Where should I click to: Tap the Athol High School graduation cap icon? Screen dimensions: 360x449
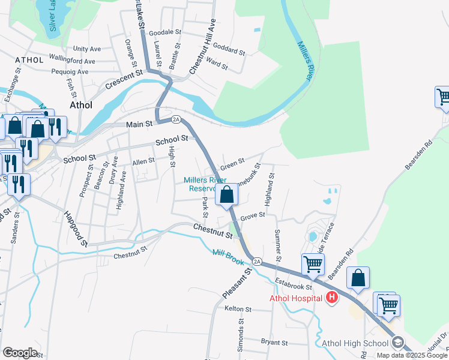pos(396,343)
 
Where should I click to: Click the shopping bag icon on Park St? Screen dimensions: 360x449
pos(227,195)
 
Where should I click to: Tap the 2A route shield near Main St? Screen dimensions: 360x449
pos(176,119)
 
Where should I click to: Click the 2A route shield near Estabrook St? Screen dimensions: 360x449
pos(257,262)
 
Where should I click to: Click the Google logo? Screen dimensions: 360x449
pos(20,353)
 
